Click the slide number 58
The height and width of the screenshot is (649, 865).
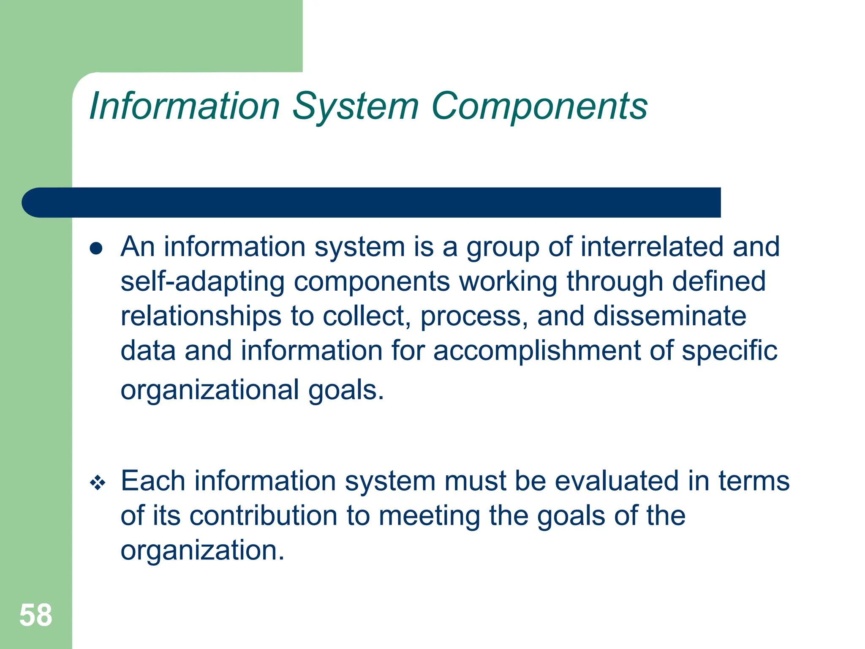(36, 615)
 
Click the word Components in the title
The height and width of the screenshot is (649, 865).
(539, 106)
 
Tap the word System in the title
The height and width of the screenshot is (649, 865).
(355, 106)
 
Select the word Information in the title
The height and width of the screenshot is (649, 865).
(185, 106)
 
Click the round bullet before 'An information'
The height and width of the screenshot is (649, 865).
(96, 248)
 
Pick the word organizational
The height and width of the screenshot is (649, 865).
(210, 390)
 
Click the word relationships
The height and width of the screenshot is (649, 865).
(201, 316)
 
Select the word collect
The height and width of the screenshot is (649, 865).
(366, 316)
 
